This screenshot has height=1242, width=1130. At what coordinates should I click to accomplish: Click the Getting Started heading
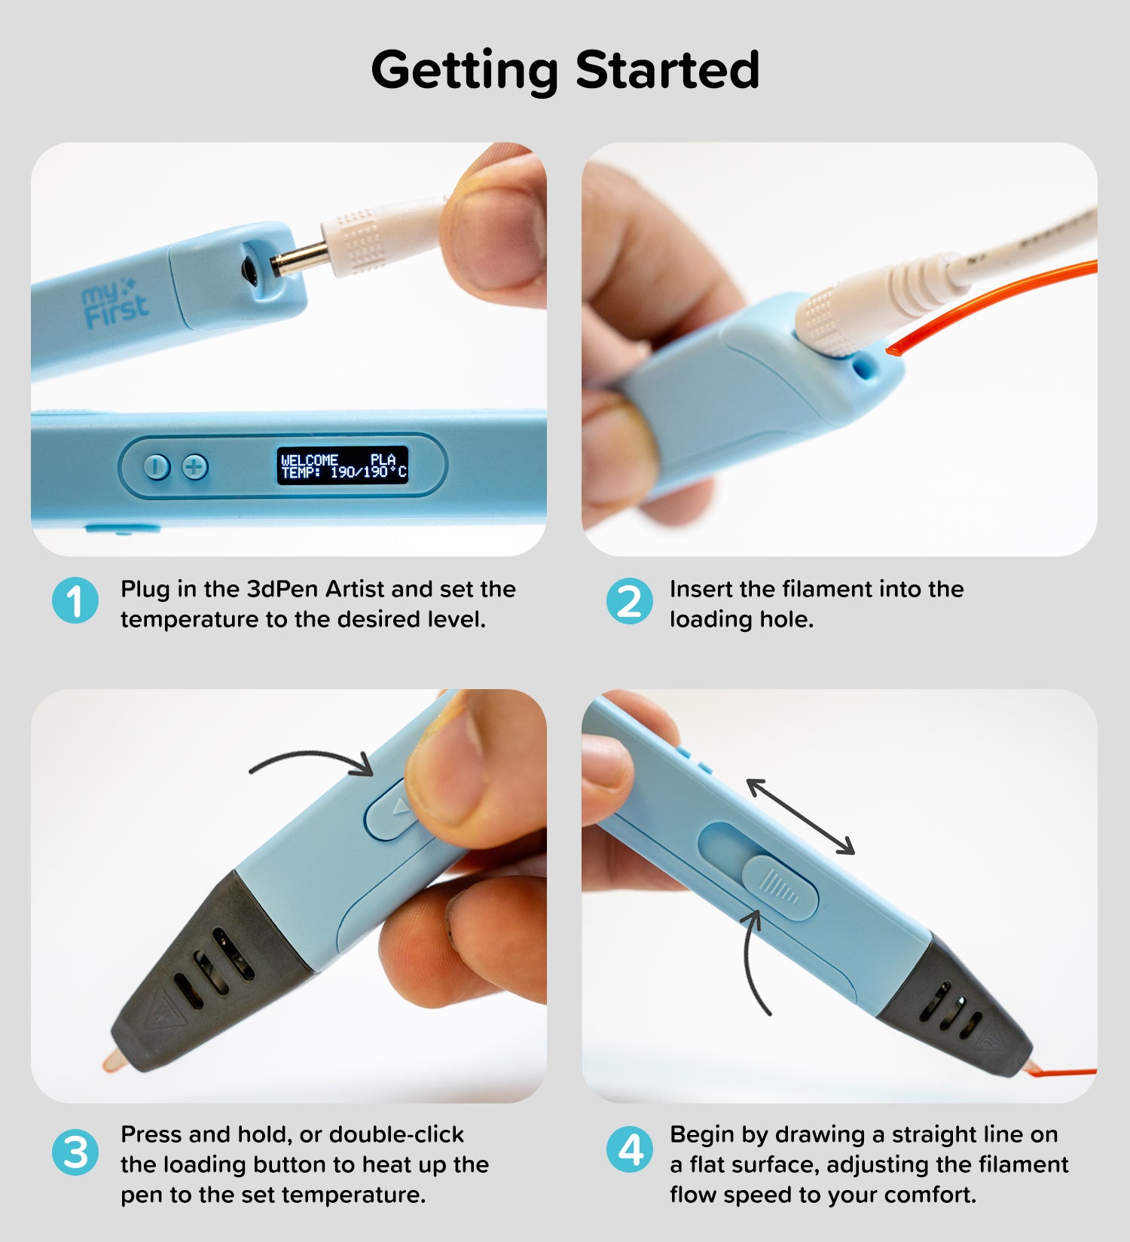tap(565, 71)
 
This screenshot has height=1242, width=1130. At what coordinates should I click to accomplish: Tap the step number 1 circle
tap(75, 601)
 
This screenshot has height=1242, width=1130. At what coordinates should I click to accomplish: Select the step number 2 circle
tap(629, 601)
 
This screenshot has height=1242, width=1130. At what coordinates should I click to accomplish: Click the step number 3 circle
tap(75, 1152)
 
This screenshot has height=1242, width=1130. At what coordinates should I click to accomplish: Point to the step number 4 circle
tap(629, 1150)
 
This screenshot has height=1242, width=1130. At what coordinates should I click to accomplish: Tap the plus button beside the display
tap(195, 467)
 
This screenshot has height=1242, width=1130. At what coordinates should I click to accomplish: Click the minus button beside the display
tap(157, 467)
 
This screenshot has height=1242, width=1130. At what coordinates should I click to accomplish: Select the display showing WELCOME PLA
tap(343, 465)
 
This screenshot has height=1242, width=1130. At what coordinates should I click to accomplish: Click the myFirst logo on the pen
tap(115, 304)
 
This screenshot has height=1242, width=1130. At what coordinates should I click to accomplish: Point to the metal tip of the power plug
tap(300, 260)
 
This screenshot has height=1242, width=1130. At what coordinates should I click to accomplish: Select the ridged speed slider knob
tap(780, 887)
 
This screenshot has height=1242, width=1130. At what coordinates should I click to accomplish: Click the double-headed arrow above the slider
tap(800, 817)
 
